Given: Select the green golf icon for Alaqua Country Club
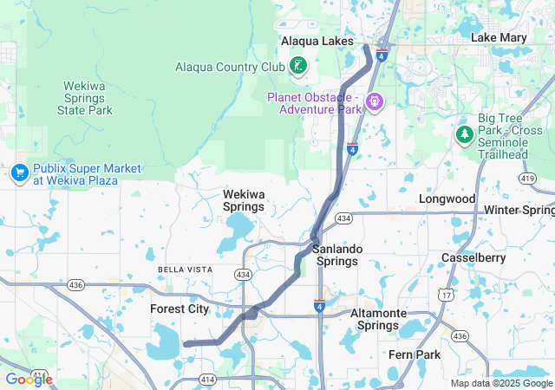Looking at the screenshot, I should click(x=298, y=66).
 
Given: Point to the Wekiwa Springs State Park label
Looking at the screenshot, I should click(x=85, y=98).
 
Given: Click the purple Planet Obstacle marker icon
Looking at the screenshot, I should click(x=375, y=102).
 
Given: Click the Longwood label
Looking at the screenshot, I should click(x=447, y=198).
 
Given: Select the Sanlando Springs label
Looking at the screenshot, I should click(x=336, y=255).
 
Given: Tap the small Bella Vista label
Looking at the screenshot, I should click(x=185, y=270).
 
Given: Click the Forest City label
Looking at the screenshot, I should click(x=180, y=309).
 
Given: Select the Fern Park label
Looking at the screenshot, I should click(x=415, y=354).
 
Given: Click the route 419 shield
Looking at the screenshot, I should click(x=526, y=178).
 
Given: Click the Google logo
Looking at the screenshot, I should click(x=29, y=379).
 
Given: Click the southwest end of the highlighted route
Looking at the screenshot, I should click(x=186, y=344).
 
